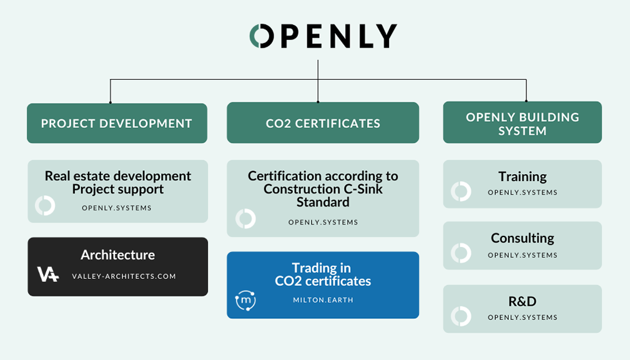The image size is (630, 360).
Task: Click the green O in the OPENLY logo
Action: [261, 36]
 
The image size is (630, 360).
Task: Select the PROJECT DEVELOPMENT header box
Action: [117, 124]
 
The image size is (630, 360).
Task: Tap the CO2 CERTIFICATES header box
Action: [323, 124]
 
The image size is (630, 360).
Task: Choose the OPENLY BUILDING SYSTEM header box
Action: [523, 124]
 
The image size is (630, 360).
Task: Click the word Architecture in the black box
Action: [117, 255]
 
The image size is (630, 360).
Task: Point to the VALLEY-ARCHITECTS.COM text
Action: [124, 276]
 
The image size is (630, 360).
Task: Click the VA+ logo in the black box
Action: [47, 274]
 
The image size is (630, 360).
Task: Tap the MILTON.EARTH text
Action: [323, 300]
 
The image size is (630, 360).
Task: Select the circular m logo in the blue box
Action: [245, 300]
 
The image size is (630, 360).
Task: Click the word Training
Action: [523, 177]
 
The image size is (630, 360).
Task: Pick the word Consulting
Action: [523, 238]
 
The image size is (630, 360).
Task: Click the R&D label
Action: [523, 301]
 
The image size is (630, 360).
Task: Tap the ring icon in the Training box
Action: [461, 191]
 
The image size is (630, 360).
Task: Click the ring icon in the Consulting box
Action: [461, 253]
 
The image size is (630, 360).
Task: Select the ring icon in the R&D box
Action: [461, 316]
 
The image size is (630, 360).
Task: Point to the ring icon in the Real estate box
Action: [45, 206]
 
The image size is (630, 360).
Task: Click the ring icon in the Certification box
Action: [245, 219]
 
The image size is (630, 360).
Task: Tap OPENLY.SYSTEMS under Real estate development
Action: [117, 208]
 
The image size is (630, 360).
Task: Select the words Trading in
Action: [322, 268]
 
